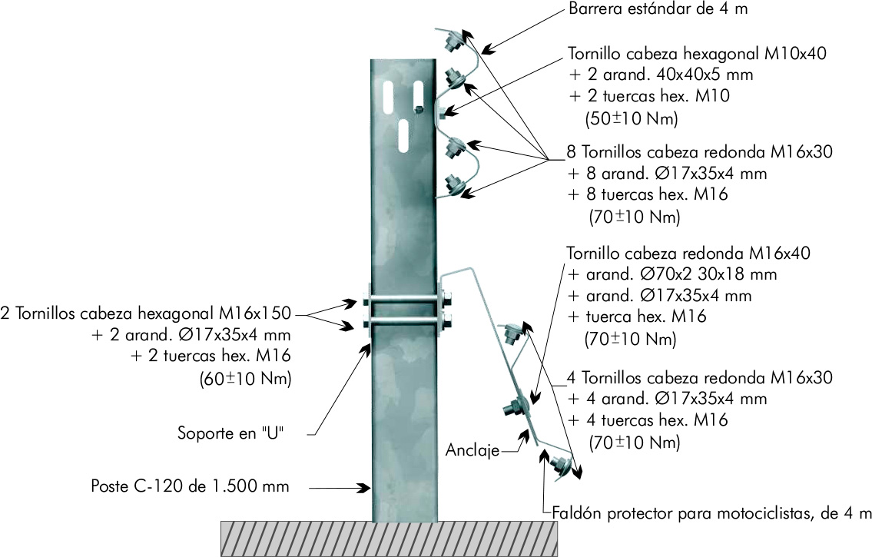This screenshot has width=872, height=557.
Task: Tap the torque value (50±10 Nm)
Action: pyautogui.click(x=632, y=119)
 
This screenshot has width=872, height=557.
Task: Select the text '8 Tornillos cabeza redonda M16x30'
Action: pyautogui.click(x=699, y=152)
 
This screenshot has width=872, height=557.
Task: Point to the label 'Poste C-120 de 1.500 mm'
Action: pyautogui.click(x=190, y=486)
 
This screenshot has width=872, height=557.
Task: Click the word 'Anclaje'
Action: pyautogui.click(x=472, y=450)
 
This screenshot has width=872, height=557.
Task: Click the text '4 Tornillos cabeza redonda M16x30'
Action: pyautogui.click(x=699, y=378)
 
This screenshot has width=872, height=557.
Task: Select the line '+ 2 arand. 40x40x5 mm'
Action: pyautogui.click(x=660, y=75)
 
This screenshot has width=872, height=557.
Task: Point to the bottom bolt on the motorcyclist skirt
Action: pyautogui.click(x=559, y=465)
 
